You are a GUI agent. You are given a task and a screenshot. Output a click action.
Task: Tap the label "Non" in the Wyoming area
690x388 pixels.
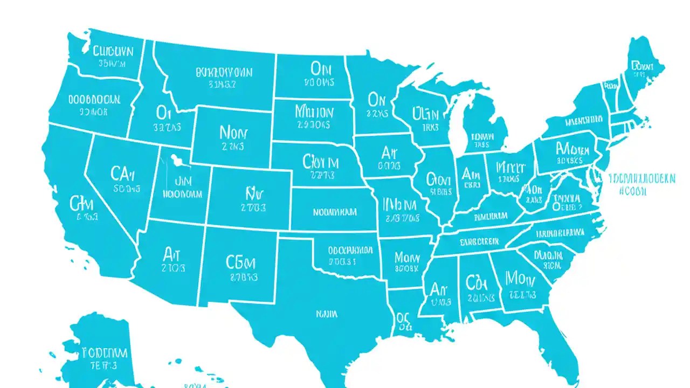point(232,132)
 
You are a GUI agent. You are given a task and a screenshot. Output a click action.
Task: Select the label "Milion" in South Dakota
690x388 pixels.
point(314,112)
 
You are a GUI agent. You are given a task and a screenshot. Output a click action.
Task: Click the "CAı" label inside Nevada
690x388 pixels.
point(126,174)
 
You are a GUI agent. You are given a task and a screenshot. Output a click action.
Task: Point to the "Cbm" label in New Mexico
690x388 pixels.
point(240,262)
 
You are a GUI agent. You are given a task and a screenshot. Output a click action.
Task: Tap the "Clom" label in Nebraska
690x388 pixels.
point(321,162)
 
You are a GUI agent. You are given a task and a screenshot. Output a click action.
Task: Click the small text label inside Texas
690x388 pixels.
point(323,313)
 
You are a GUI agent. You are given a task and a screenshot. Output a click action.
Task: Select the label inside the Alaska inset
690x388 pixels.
point(105,353)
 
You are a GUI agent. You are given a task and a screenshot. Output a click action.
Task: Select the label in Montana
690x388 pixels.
point(223,72)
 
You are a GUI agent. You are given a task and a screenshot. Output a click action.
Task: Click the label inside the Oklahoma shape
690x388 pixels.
point(343,251)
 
